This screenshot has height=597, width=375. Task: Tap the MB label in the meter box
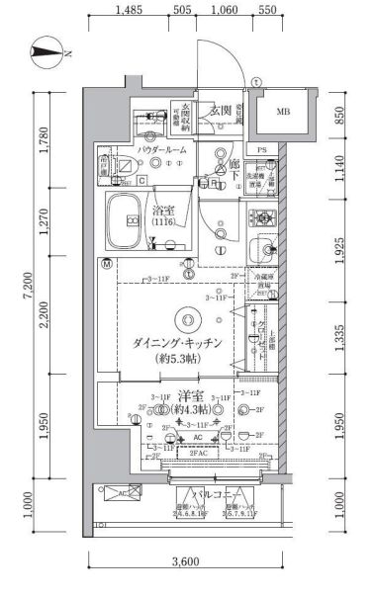pos(284,112)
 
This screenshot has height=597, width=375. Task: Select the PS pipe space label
pos(261,150)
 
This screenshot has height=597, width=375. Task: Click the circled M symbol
pos(106,264)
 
